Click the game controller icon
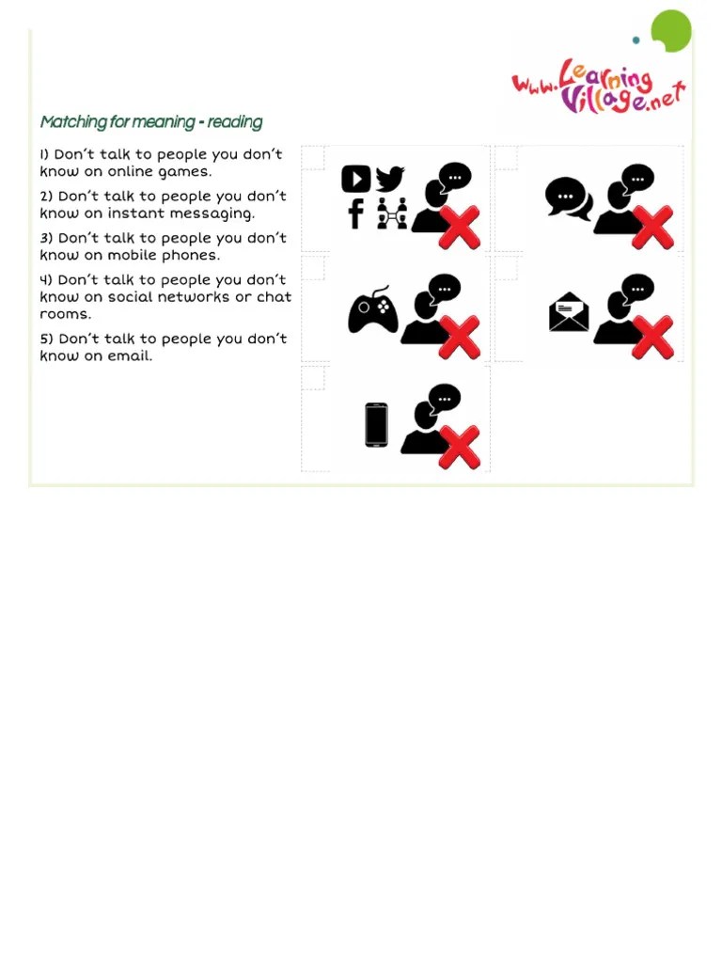coord(372,310)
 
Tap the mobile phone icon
coord(376,425)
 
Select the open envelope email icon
coord(569,311)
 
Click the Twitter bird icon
coord(389,179)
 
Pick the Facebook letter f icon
coord(355,213)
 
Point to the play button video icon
coord(356,180)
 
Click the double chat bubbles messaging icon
coord(569,198)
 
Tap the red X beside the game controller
coord(459,338)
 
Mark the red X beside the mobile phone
coord(459,447)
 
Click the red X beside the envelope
coord(652,338)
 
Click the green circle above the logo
coord(671,31)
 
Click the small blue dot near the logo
coord(636,39)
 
